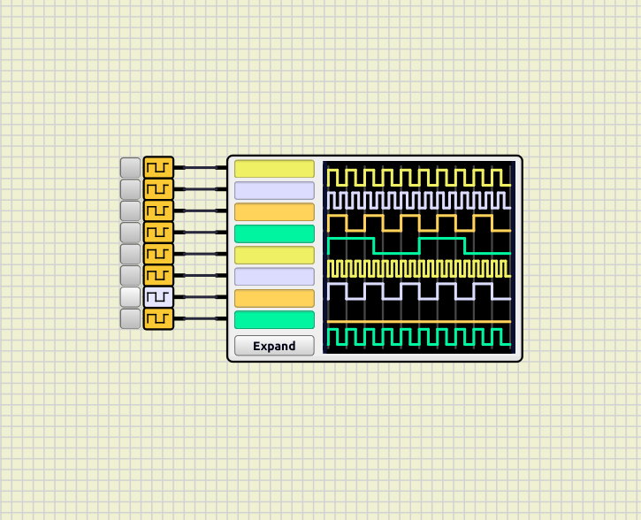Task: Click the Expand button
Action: tap(274, 346)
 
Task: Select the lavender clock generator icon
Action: tap(158, 297)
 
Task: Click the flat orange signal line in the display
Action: tap(418, 320)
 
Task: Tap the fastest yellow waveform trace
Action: tap(418, 269)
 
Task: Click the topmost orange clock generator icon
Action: tap(158, 167)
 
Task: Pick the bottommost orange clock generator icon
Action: tap(158, 318)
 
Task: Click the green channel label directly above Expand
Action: tap(274, 320)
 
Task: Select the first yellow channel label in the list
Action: tap(274, 168)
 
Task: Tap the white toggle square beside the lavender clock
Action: tap(130, 297)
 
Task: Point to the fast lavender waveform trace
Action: tap(418, 199)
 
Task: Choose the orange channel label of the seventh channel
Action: tap(274, 298)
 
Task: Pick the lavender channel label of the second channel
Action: tap(274, 190)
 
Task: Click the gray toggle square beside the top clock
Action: tap(130, 167)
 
